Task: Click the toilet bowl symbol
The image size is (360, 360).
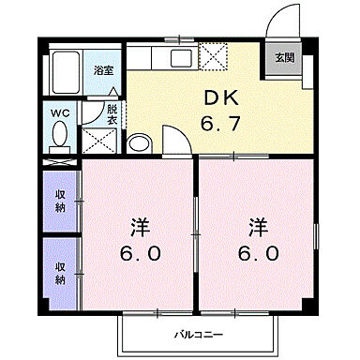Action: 60,139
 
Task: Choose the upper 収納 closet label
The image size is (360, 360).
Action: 59,201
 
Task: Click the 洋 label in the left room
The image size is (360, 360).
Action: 140,227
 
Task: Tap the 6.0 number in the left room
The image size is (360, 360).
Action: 140,254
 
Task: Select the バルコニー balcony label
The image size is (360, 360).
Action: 197,333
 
